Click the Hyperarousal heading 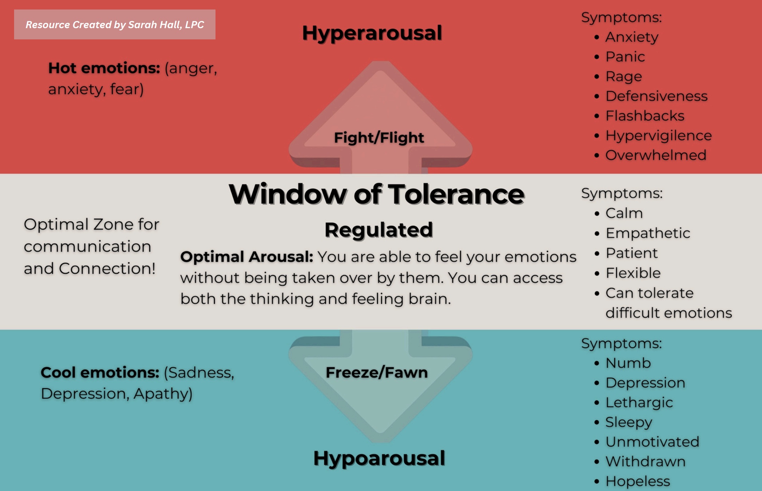point(372,33)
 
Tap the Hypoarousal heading point(379,458)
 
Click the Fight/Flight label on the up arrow point(379,138)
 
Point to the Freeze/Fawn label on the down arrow point(377,372)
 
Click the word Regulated point(379,230)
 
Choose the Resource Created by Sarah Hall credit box point(115,25)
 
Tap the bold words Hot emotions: point(104,68)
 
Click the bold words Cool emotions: point(100,372)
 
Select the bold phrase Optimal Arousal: point(246,257)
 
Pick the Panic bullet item point(625,57)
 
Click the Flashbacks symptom point(645,116)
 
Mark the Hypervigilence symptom point(658,135)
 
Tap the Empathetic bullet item point(648,233)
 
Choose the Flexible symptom point(633,273)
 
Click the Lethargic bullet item point(639,402)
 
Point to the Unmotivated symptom point(652,442)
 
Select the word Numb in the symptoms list point(628,363)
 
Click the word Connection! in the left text point(107,268)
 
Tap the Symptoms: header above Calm point(622,193)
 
